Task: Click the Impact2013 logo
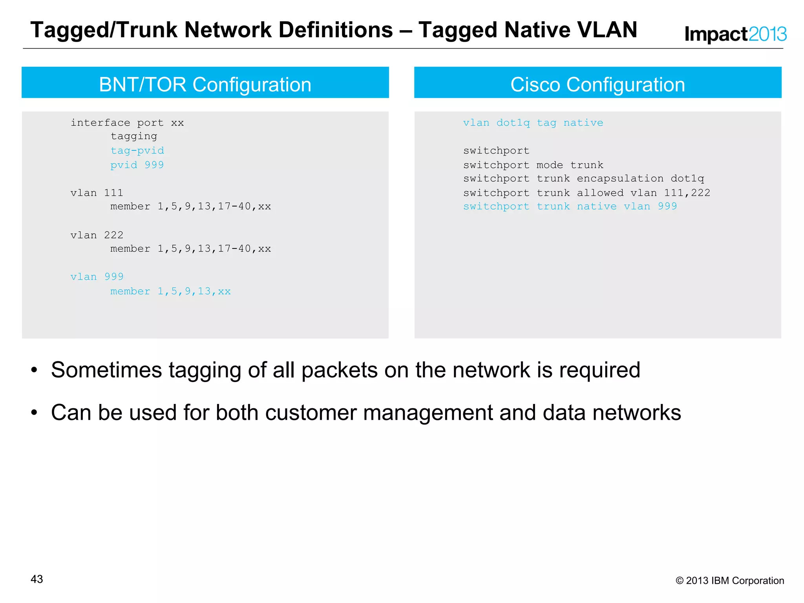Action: (x=735, y=34)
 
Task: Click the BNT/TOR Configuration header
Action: (x=205, y=84)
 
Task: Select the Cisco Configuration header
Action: (x=598, y=84)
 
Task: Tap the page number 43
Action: (x=37, y=579)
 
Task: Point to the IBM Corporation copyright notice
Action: (x=729, y=581)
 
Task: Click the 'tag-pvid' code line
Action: (x=137, y=151)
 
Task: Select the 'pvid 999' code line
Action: (x=137, y=165)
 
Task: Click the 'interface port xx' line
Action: (x=127, y=123)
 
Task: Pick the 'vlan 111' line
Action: (x=97, y=193)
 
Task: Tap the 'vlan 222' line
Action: (x=97, y=235)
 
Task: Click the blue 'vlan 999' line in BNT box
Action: (x=97, y=277)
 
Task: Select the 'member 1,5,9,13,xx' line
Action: (x=170, y=291)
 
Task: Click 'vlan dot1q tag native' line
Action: (x=533, y=123)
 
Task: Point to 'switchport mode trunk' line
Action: (x=533, y=165)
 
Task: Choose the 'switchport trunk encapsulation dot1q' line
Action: (x=583, y=179)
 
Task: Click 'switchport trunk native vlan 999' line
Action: (x=570, y=206)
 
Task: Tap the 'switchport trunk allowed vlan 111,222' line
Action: (x=587, y=193)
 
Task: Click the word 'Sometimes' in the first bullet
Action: (x=106, y=370)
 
